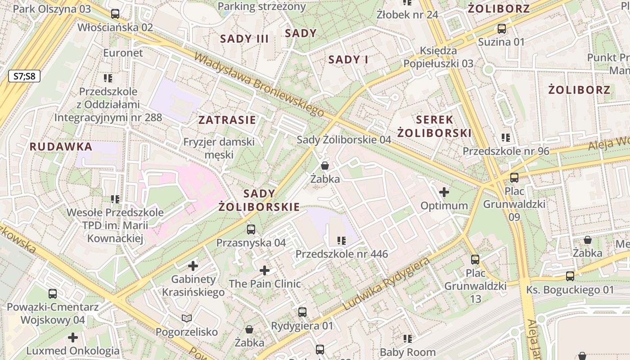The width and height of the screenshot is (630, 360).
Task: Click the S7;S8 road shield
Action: click(x=24, y=76)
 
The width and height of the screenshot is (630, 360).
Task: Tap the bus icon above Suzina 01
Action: click(x=501, y=29)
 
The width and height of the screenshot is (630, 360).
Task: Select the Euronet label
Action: click(x=123, y=53)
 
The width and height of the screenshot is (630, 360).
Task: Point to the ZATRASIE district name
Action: click(x=227, y=120)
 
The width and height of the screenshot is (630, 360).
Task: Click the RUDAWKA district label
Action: click(x=61, y=147)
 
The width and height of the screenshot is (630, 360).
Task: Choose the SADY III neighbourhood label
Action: click(x=244, y=39)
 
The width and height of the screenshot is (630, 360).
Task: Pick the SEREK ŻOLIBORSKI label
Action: click(x=434, y=126)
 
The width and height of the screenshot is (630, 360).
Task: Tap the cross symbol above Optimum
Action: click(x=444, y=192)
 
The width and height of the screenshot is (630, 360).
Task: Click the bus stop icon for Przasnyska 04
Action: click(x=251, y=229)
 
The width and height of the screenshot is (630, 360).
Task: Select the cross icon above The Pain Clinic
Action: click(x=265, y=270)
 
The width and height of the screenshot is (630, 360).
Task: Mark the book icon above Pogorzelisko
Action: click(x=187, y=319)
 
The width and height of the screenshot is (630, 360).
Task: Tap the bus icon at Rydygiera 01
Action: click(x=302, y=312)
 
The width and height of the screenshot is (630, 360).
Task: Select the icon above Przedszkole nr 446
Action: click(x=341, y=241)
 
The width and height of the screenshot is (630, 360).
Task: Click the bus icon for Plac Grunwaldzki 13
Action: click(x=475, y=259)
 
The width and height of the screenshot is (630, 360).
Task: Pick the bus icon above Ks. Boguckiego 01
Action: click(x=570, y=276)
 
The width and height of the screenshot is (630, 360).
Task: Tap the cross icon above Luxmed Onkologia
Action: click(x=73, y=337)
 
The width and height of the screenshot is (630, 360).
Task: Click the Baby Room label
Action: click(x=408, y=352)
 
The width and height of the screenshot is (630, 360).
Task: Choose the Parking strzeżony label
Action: click(x=261, y=7)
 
